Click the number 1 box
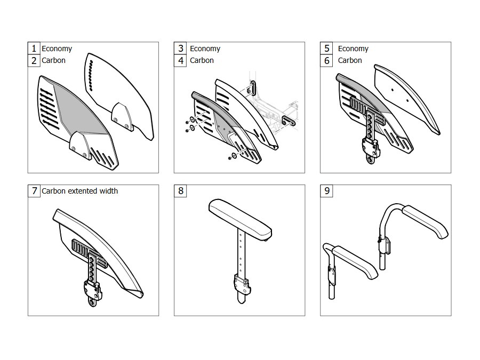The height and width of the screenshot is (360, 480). pyautogui.click(x=34, y=49)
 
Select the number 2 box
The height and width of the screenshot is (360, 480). pyautogui.click(x=34, y=60)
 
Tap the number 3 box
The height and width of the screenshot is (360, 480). pyautogui.click(x=180, y=49)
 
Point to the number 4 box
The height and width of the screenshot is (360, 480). pyautogui.click(x=180, y=60)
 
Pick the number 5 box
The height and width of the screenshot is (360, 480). pyautogui.click(x=326, y=49)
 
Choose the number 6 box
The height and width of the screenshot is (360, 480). pyautogui.click(x=326, y=60)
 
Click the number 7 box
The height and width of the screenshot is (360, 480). pyautogui.click(x=34, y=191)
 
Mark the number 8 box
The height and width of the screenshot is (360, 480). pyautogui.click(x=180, y=191)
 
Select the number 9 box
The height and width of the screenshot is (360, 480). pyautogui.click(x=326, y=191)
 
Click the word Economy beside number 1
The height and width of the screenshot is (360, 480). pyautogui.click(x=57, y=49)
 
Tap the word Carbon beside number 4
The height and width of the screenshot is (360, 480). pyautogui.click(x=202, y=60)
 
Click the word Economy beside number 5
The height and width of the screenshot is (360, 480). pyautogui.click(x=353, y=49)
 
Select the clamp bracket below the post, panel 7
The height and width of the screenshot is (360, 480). pyautogui.click(x=93, y=291)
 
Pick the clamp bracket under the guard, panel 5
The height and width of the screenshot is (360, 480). pyautogui.click(x=371, y=148)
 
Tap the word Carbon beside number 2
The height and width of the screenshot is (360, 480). pyautogui.click(x=53, y=60)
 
